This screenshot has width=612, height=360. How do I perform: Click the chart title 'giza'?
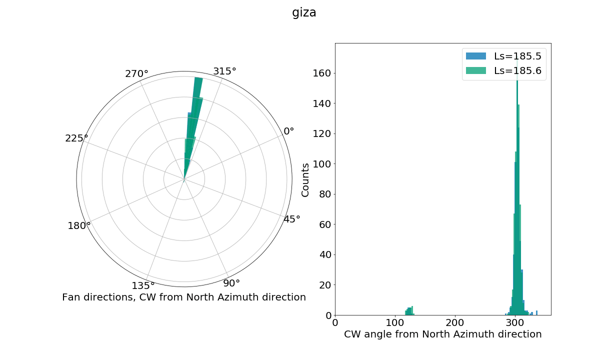pos(304,12)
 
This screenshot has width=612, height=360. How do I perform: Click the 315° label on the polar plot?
pos(224,71)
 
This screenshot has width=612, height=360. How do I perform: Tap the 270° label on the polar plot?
pos(136,74)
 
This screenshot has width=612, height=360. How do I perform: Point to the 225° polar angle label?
pos(76,138)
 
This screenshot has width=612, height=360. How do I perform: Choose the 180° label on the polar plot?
pos(79,225)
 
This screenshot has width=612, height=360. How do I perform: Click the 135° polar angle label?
pos(143,285)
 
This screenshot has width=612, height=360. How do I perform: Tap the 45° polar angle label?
pos(292,219)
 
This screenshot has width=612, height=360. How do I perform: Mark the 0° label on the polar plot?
pos(289,131)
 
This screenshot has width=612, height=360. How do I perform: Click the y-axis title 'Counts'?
pos(305,179)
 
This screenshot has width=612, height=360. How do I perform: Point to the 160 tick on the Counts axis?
pos(322,73)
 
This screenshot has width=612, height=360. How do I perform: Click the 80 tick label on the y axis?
pos(324,194)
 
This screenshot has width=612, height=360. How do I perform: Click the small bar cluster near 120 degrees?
pos(409,311)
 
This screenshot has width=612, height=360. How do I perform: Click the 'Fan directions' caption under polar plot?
pos(184,297)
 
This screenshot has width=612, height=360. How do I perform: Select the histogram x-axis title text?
pos(442,334)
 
